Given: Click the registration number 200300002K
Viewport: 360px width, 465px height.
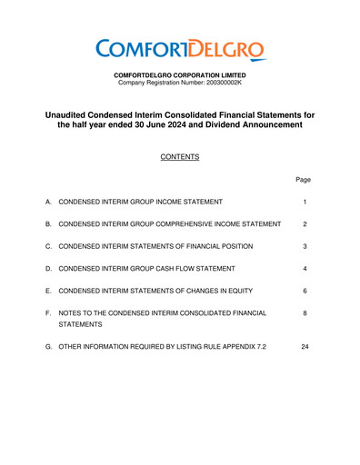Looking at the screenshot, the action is [219, 84].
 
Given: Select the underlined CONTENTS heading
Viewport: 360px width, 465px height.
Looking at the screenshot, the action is [179, 157].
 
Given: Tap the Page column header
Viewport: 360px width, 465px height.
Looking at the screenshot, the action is [305, 180].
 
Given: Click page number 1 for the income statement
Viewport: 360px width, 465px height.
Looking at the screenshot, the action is [305, 202].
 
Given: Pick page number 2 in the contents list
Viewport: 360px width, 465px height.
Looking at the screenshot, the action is [305, 224].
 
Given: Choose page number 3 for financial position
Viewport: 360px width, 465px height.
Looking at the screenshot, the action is [305, 247].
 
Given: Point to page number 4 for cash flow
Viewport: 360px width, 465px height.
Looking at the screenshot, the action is [305, 270].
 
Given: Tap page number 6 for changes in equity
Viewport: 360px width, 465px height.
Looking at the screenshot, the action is [305, 292].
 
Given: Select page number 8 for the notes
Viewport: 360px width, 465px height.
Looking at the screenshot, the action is [305, 314].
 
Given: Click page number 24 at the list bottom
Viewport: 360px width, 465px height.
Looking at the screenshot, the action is [305, 347].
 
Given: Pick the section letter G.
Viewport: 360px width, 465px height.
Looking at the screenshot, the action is [47, 347].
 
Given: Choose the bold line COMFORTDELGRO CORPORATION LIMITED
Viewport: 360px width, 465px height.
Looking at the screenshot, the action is [179, 74].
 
